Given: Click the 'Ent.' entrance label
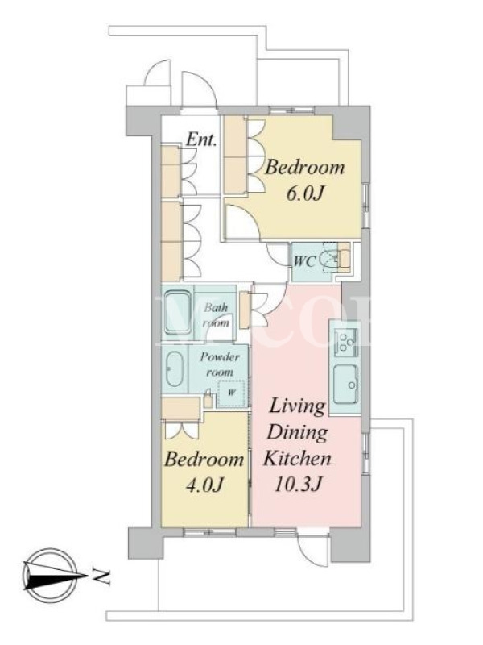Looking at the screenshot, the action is [x=201, y=139].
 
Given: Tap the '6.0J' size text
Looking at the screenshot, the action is [x=303, y=193].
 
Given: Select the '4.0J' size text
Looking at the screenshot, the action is [x=204, y=485].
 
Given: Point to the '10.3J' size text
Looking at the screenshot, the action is [x=297, y=485].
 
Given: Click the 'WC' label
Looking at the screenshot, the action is [x=304, y=261].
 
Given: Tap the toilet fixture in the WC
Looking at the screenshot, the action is [x=331, y=259].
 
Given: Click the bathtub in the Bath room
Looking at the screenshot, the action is [x=177, y=313].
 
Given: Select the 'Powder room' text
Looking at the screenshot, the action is [x=220, y=364].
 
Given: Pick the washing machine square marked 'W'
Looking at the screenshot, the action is [x=231, y=393].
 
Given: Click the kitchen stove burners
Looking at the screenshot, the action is [x=346, y=341].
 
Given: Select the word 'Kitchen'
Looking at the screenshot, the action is [x=297, y=458].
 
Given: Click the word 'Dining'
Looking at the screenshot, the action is [x=297, y=432].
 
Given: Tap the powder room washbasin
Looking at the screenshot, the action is [x=174, y=369].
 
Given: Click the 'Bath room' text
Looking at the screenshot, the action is [x=216, y=315].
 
